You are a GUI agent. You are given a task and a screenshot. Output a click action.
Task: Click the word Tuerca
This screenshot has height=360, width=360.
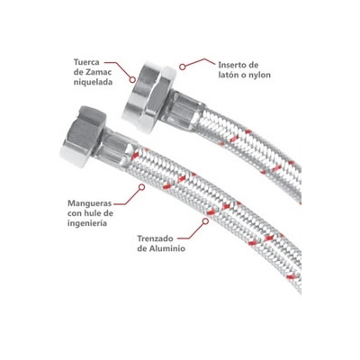87,62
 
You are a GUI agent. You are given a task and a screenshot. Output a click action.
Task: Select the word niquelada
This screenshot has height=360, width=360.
93,82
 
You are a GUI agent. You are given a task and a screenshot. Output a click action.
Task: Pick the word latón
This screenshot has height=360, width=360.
228,75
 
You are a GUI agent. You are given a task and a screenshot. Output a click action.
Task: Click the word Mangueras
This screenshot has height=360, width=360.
90,203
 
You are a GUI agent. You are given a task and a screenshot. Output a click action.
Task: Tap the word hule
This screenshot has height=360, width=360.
93,213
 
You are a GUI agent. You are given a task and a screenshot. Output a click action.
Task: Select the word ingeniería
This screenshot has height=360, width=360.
87,223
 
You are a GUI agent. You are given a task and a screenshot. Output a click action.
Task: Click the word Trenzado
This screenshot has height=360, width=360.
156,238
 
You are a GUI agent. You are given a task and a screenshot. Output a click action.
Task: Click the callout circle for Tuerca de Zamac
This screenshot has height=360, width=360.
132,79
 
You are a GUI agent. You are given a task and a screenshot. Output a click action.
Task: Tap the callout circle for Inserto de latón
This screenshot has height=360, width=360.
183,67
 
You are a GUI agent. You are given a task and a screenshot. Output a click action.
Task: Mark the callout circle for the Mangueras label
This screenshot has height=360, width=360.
142,187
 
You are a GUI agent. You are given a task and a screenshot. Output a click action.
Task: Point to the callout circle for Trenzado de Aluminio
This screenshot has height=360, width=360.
205,221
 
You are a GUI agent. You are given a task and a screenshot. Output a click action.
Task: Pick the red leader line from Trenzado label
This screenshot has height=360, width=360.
192,234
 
